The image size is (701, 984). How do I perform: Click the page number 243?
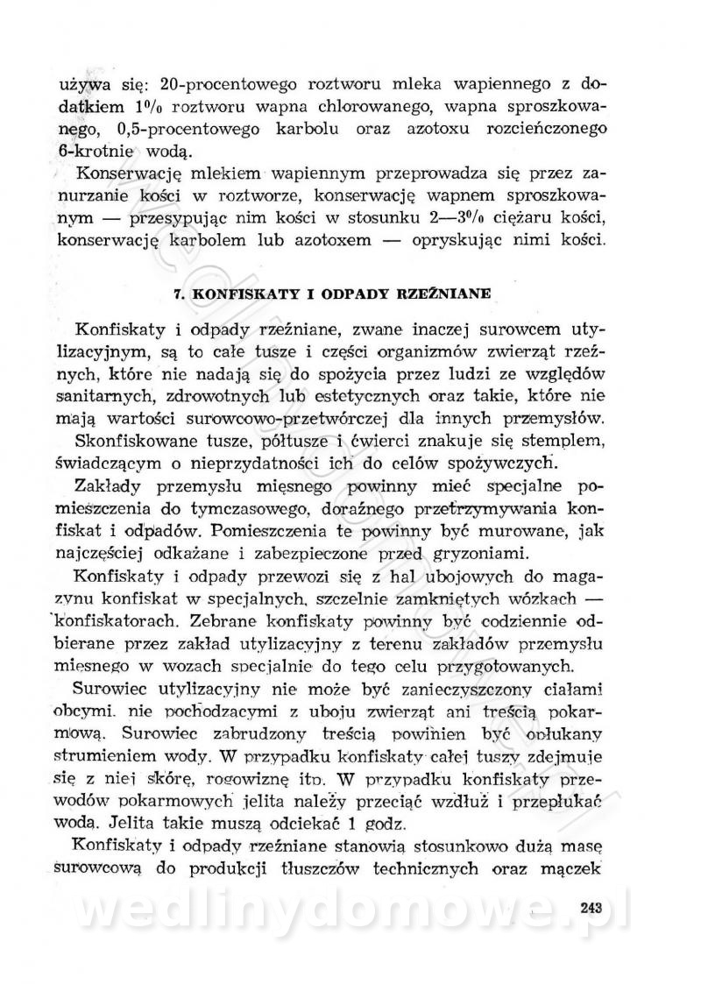coord(593,907)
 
